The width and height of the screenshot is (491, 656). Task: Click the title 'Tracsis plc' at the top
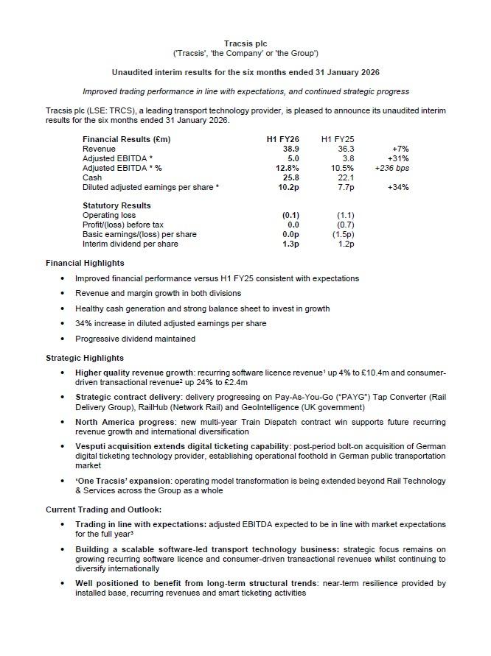pos(245,44)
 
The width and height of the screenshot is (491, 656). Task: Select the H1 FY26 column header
pos(282,139)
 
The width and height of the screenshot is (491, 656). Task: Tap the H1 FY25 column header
pos(338,139)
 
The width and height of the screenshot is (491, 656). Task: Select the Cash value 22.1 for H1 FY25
pos(345,177)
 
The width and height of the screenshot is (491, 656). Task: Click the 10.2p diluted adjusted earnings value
pos(284,187)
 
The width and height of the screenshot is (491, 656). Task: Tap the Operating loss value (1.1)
pos(345,215)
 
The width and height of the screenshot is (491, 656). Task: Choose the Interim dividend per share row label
pos(130,244)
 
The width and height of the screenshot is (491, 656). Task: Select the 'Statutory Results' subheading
pos(116,205)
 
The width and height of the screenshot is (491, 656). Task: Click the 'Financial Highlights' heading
pos(85,263)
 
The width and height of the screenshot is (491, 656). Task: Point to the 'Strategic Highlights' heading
pos(85,358)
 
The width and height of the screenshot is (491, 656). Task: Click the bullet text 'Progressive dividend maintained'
pos(135,339)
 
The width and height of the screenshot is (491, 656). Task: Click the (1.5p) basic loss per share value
pos(343,234)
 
